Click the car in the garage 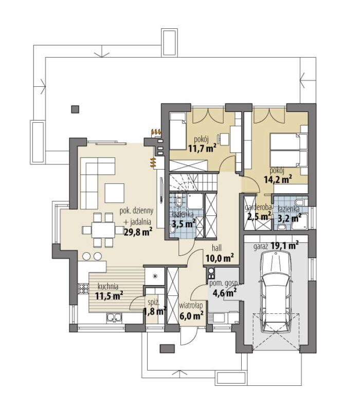(275, 290)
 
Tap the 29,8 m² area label (138, 232)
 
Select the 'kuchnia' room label (108, 286)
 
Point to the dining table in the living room (103, 230)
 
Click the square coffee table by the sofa (114, 193)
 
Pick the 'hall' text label (217, 248)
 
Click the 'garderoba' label (258, 208)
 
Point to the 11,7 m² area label (202, 148)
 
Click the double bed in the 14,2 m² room (289, 150)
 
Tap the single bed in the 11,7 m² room (177, 131)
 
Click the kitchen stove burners (84, 289)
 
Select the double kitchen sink (114, 317)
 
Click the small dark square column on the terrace (75, 109)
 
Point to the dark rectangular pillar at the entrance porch (168, 349)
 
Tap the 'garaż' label (261, 247)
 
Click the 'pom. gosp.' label (224, 284)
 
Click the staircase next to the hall (193, 182)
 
